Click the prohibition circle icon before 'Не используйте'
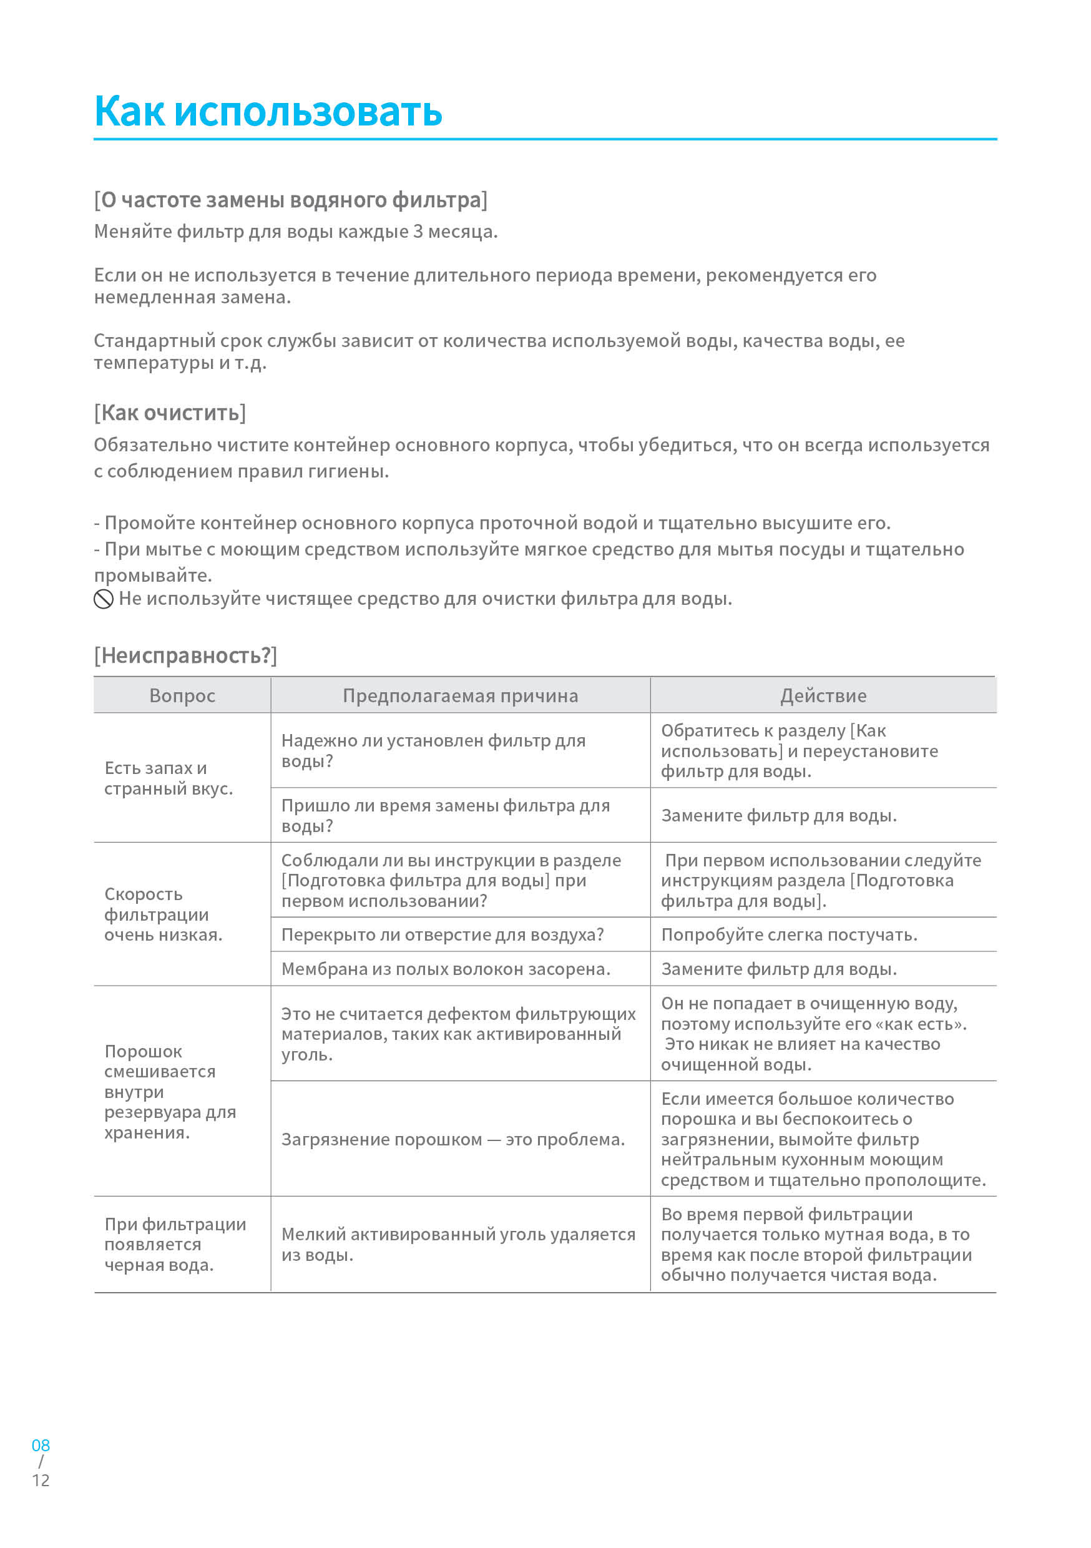[x=103, y=599]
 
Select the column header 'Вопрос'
[x=182, y=695]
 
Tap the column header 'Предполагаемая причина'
[x=460, y=695]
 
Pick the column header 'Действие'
[x=823, y=695]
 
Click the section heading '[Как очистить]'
[x=170, y=413]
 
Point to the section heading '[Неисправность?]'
[x=185, y=655]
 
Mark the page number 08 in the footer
[x=41, y=1445]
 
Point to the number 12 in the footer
[x=41, y=1480]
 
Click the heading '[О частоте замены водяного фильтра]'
[x=291, y=200]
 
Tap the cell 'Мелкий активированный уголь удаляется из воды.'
[x=458, y=1244]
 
